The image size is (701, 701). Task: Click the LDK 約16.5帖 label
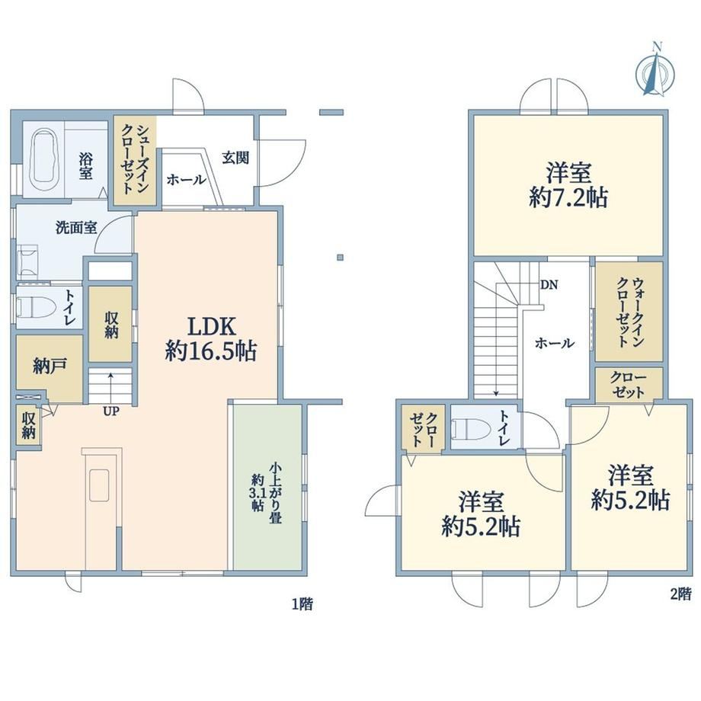click(211, 339)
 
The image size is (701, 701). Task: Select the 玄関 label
click(235, 158)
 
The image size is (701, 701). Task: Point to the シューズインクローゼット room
click(135, 160)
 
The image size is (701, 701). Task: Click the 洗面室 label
click(76, 228)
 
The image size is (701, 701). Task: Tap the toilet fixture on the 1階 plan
click(36, 308)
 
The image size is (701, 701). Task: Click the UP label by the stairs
click(111, 411)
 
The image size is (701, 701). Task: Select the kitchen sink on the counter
click(99, 485)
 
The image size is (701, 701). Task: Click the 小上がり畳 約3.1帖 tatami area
click(267, 487)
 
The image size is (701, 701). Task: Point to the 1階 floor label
click(302, 604)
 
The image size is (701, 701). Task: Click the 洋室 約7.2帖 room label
click(568, 184)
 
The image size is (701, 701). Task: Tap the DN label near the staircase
click(549, 284)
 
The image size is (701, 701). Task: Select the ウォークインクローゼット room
click(629, 312)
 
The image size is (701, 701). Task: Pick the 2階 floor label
click(680, 594)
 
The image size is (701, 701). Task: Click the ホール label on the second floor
click(555, 343)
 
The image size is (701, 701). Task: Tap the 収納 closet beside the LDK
click(110, 324)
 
